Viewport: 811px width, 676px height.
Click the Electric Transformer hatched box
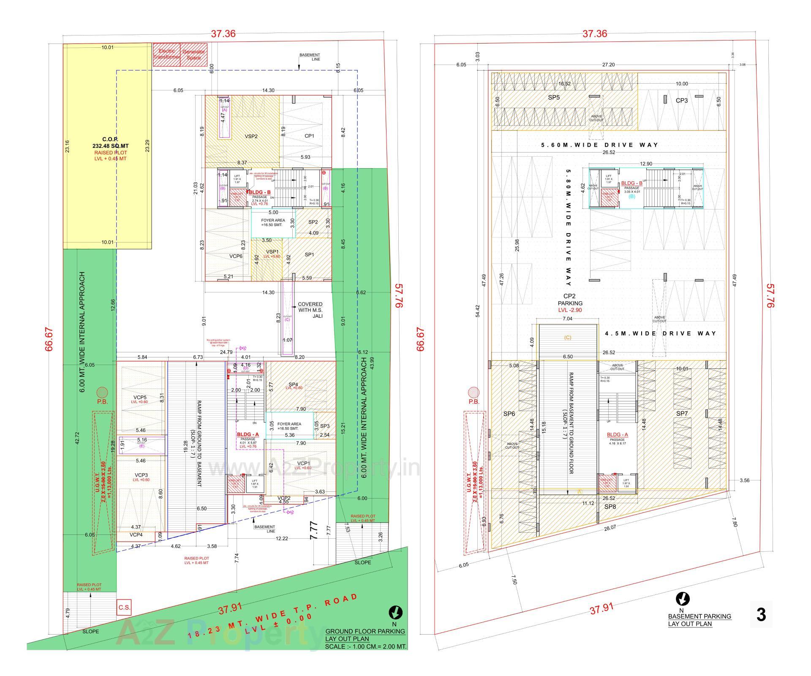tap(166, 55)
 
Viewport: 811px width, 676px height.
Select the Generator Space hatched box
tap(194, 55)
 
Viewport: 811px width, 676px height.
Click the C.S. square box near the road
tap(124, 608)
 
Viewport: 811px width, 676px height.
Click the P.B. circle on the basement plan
tap(474, 392)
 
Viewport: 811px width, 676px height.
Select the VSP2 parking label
tap(251, 136)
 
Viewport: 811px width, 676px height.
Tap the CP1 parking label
tap(309, 136)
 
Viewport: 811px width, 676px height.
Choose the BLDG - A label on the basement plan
tap(617, 435)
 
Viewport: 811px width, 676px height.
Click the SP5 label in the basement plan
tap(554, 97)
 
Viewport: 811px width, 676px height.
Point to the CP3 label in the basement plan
tap(682, 101)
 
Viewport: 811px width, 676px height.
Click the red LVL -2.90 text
tap(570, 310)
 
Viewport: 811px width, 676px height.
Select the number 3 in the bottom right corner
tap(761, 615)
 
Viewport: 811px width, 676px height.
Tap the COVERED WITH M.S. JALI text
tap(310, 310)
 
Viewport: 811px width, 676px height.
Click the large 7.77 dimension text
tap(314, 530)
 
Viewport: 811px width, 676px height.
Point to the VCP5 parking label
tap(140, 398)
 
